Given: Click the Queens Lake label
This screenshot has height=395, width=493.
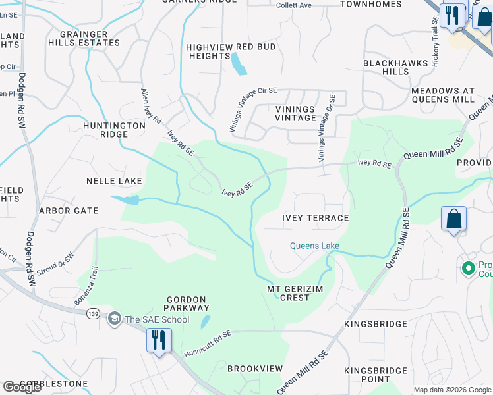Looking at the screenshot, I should pyautogui.click(x=315, y=246).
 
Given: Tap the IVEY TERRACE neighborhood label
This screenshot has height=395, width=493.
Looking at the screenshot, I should pyautogui.click(x=315, y=217).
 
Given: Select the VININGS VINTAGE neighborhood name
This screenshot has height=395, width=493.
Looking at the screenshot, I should pyautogui.click(x=295, y=113).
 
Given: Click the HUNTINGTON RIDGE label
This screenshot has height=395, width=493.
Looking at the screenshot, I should pyautogui.click(x=114, y=129).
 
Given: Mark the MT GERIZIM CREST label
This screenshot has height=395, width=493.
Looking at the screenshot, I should pyautogui.click(x=288, y=293).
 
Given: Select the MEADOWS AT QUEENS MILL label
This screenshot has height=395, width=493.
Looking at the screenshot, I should pyautogui.click(x=442, y=95).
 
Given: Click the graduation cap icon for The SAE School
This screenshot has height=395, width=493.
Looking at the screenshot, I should pyautogui.click(x=115, y=319).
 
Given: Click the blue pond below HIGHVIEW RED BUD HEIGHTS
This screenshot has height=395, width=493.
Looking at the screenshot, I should pyautogui.click(x=237, y=64).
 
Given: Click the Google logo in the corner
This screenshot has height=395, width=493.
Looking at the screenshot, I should pyautogui.click(x=22, y=388).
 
